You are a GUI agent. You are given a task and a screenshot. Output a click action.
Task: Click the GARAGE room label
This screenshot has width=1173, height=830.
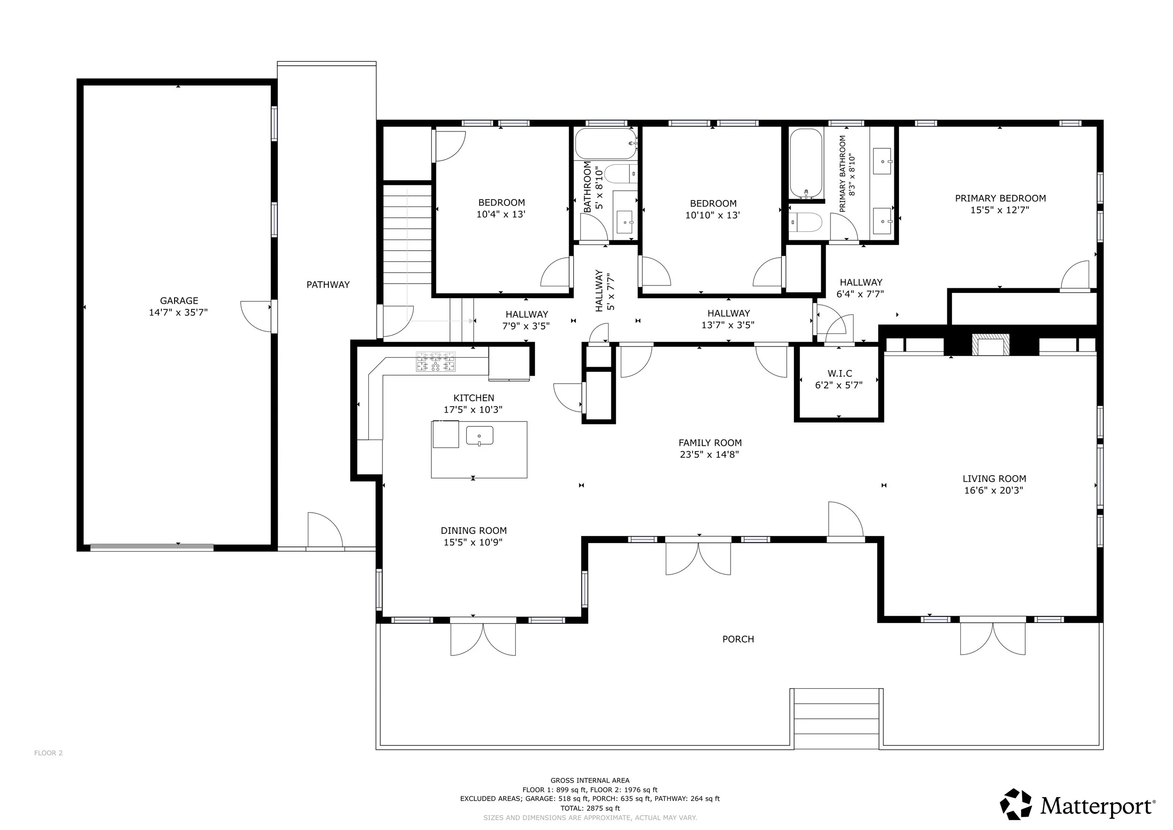point(179,301)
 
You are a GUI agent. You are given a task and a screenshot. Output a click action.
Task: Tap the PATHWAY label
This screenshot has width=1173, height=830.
point(328,284)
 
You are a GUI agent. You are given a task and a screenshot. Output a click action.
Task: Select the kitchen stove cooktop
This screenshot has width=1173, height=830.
point(435,362)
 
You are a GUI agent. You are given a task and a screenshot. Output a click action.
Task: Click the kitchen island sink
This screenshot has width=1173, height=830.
point(479,436)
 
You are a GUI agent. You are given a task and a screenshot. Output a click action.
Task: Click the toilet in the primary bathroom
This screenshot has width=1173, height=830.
point(806,223)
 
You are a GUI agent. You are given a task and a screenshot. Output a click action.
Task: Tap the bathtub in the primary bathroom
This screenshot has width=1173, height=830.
point(806,163)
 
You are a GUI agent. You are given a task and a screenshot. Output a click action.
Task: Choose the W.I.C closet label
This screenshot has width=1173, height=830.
point(840,374)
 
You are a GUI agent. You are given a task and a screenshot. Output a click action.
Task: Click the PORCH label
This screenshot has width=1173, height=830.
point(738,639)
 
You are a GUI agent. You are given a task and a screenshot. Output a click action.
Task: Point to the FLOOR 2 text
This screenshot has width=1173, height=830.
point(48,753)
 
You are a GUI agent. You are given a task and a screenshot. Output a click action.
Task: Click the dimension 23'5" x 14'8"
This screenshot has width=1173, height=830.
point(709,454)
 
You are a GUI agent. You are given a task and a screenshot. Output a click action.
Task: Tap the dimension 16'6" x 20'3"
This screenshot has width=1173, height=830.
point(994,490)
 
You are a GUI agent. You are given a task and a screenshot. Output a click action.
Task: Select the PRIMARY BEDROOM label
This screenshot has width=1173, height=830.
point(1000,198)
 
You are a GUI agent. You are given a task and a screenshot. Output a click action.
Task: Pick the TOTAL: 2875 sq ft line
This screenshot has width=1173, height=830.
point(590,808)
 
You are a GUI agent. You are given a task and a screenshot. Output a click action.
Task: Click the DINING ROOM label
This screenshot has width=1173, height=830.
point(473,530)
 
